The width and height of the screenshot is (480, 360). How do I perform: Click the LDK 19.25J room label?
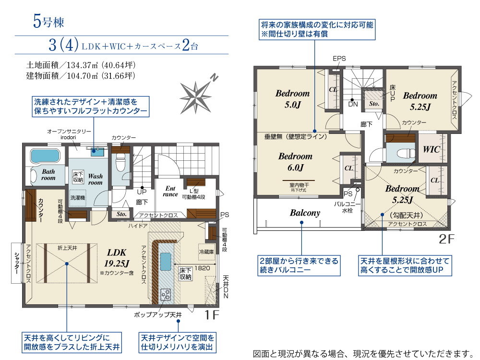coord(116,257)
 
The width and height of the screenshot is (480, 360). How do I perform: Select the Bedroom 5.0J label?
coord(292,98)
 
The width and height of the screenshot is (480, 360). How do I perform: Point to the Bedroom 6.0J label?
coord(295,161)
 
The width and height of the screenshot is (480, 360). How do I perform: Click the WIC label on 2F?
coord(431,149)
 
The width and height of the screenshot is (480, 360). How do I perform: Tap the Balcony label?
coord(305,213)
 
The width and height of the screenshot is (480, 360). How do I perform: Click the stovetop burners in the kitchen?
coord(165,294)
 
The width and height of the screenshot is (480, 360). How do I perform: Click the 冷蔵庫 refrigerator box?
coord(206,251)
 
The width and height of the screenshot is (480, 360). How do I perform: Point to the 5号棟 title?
coord(48,21)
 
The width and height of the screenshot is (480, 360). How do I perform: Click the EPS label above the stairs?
coord(339,59)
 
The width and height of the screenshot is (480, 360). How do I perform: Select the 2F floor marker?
coord(446,238)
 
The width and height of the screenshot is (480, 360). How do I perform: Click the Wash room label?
coord(95,179)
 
